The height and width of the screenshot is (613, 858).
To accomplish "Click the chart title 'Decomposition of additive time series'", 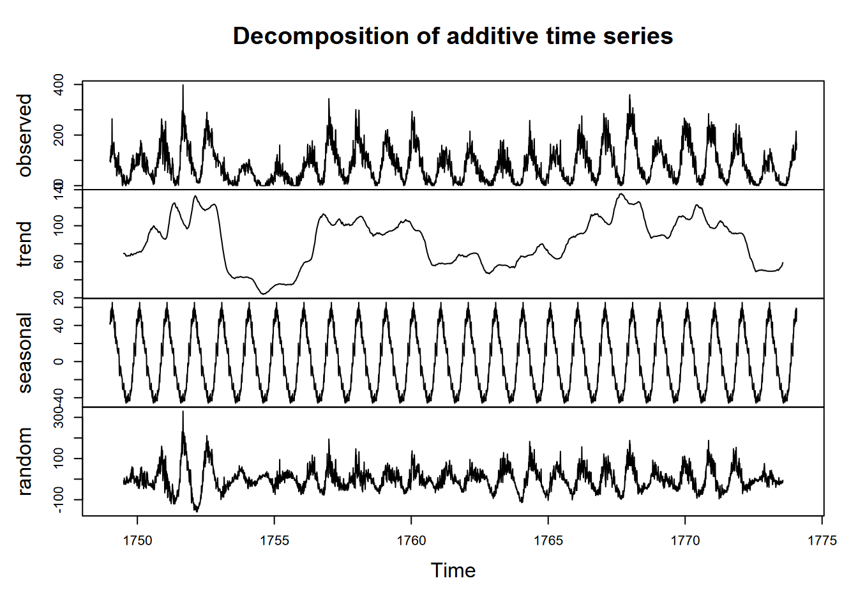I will click(453, 36).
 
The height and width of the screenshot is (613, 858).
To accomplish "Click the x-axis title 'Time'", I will click(453, 570).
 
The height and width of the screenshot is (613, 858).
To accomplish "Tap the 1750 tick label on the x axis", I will click(137, 541).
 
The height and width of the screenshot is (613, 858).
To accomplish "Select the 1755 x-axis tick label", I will click(275, 541).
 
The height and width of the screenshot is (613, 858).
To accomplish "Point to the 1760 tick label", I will click(411, 541).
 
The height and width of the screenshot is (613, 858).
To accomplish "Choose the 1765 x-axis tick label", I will click(548, 541).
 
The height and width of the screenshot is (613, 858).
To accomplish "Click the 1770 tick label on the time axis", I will click(685, 541).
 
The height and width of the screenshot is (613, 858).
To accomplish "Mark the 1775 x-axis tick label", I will click(822, 541).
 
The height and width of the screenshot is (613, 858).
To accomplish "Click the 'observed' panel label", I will click(25, 135).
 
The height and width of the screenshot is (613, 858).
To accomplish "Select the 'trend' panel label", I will click(25, 244).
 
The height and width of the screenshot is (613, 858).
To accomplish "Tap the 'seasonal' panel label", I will click(25, 352).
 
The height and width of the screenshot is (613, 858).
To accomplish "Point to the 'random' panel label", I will click(25, 461).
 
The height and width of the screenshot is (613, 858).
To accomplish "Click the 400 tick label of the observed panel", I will click(59, 84).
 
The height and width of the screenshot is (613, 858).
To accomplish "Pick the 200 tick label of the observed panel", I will click(59, 135).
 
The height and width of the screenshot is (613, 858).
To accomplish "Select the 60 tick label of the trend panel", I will click(59, 262).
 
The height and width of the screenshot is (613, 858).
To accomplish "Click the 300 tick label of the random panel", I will click(59, 418).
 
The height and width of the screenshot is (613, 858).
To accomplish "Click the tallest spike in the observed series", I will click(183, 86).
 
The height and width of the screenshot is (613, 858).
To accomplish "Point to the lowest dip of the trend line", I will click(263, 294).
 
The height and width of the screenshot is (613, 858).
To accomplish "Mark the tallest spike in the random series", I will click(183, 412).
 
